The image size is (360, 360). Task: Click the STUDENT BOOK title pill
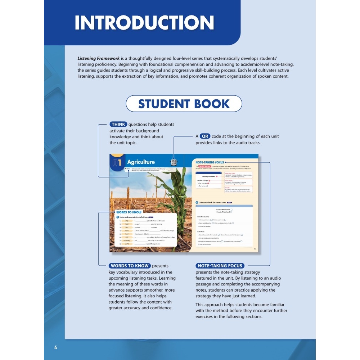pyautogui.click(x=184, y=104)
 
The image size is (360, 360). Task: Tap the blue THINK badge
pyautogui.click(x=118, y=125)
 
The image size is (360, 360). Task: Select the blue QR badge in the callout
pyautogui.click(x=205, y=136)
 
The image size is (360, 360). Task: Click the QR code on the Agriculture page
pyautogui.click(x=174, y=162)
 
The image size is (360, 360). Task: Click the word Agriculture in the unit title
pyautogui.click(x=141, y=162)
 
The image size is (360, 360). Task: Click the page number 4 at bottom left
pyautogui.click(x=55, y=347)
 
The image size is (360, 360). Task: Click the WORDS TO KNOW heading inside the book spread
pyautogui.click(x=129, y=212)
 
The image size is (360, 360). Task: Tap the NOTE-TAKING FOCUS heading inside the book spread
pyautogui.click(x=210, y=163)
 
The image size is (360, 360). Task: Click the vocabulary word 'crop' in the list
pyautogui.click(x=126, y=221)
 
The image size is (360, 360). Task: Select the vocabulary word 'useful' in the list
pyautogui.click(x=127, y=244)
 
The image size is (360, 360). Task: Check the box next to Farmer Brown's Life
pyautogui.click(x=231, y=210)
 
